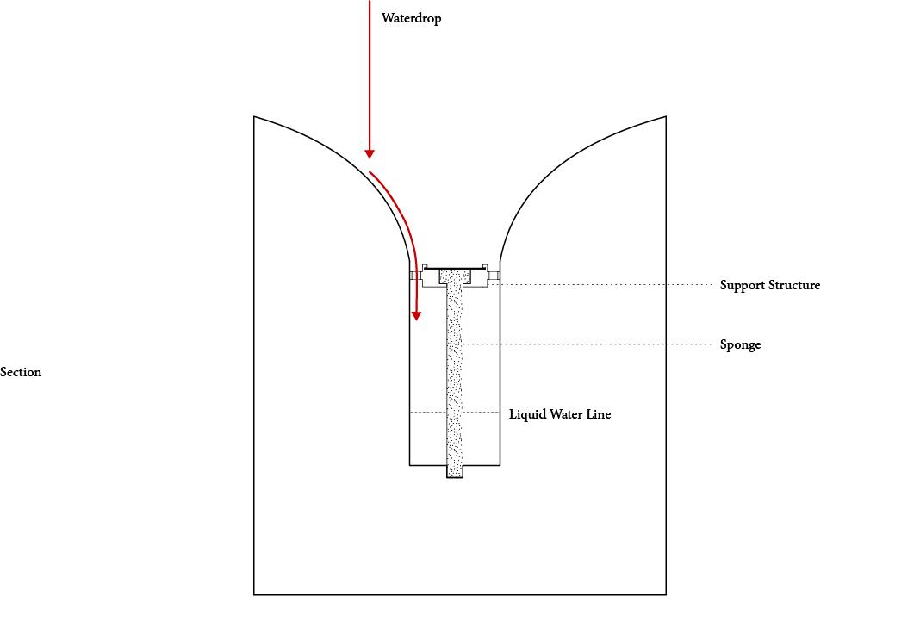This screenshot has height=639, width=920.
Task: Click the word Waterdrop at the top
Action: [411, 18]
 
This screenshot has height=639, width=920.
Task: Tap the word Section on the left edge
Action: [21, 372]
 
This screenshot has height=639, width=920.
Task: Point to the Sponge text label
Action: [740, 344]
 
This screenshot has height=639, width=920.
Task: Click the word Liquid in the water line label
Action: [526, 414]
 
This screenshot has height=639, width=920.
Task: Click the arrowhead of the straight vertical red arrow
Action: [370, 153]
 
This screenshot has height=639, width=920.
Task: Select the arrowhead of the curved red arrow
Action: [416, 316]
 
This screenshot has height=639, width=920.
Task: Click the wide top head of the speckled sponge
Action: [455, 276]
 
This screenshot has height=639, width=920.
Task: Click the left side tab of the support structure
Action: [415, 276]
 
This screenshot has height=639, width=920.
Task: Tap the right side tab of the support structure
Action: [494, 276]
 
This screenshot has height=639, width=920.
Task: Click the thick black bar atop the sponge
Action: [455, 267]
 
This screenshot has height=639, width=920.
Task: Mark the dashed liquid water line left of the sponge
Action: [427, 413]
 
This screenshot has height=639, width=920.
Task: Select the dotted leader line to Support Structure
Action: [603, 284]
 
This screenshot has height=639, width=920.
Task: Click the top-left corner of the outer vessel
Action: [254, 117]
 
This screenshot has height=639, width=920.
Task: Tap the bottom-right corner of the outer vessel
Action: [666, 594]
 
